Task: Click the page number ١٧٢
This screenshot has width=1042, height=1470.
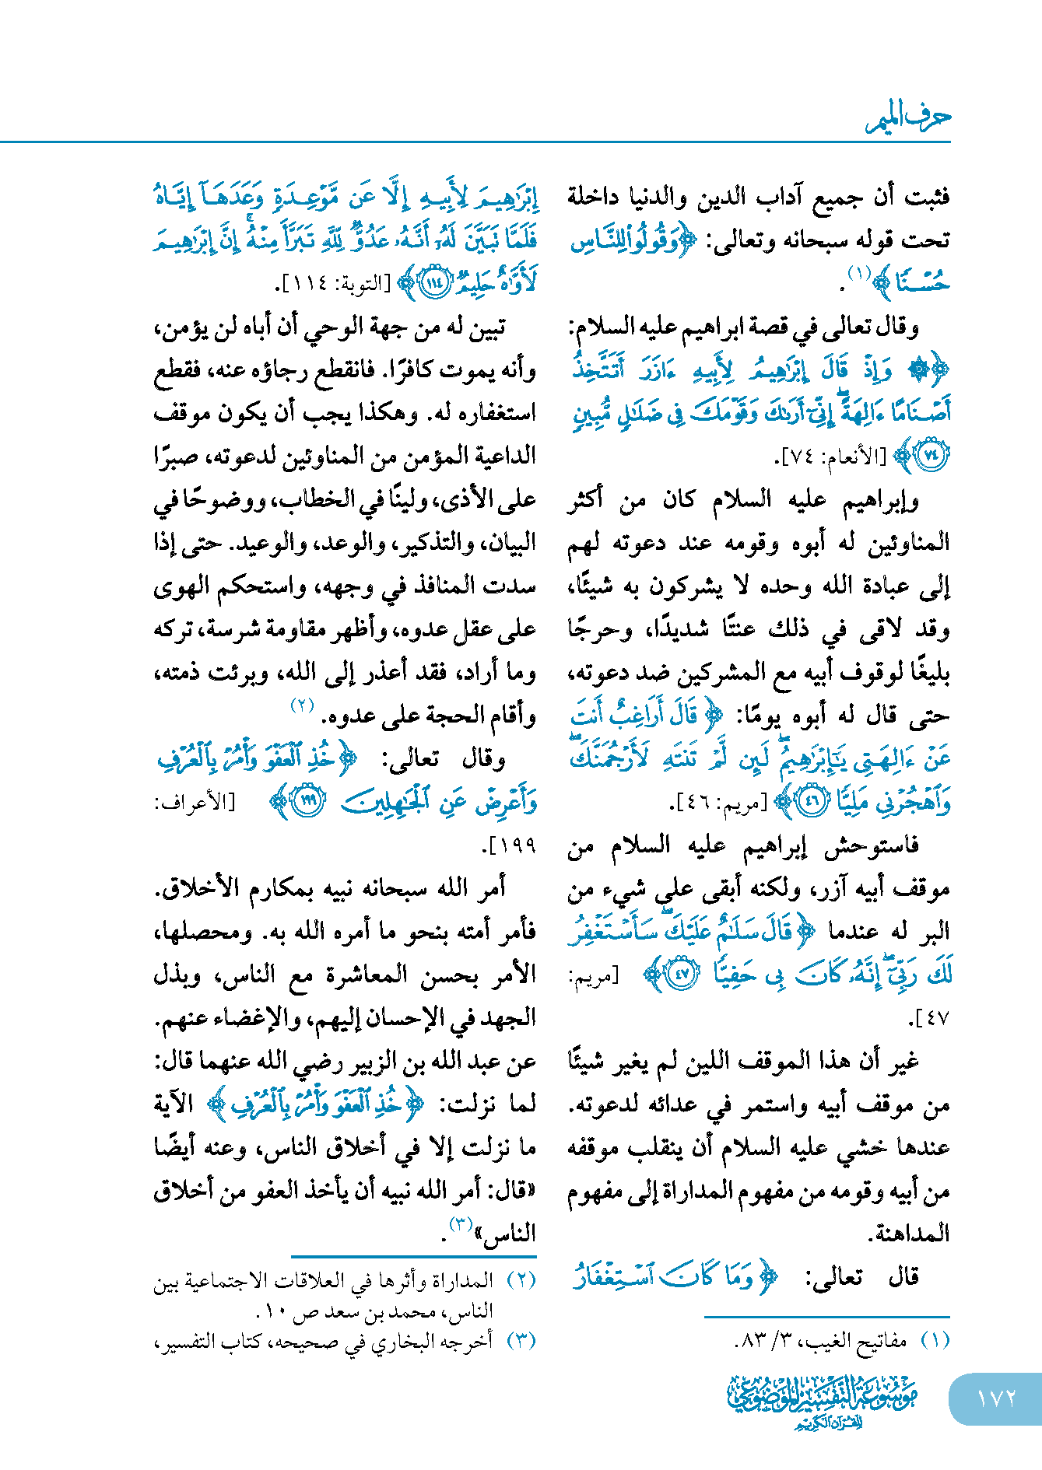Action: pos(996,1398)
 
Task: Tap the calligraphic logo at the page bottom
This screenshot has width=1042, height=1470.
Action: pos(823,1401)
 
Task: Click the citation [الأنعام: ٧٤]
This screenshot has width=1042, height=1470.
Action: pos(830,457)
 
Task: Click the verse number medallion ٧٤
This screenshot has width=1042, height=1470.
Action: pos(931,456)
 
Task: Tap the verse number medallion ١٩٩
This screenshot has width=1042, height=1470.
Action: pos(310,801)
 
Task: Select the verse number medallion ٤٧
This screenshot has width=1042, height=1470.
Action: pos(682,975)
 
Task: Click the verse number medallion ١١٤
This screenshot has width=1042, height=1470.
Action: pos(433,283)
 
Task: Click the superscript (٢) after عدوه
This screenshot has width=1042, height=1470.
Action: pos(302,706)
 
